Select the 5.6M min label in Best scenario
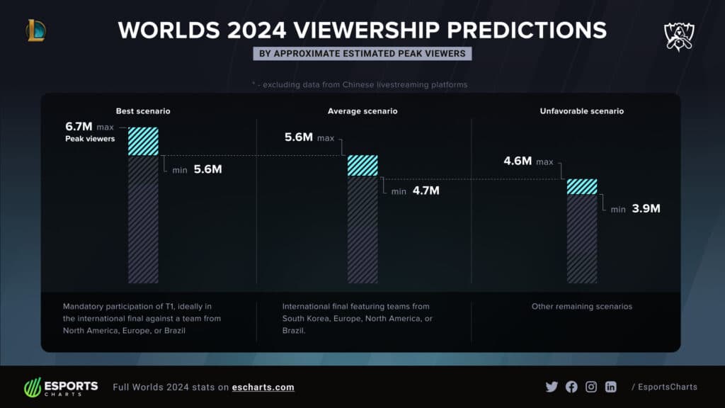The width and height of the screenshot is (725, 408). [207, 170]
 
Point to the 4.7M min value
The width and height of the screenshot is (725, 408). [426, 191]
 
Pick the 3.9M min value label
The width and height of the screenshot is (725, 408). [645, 209]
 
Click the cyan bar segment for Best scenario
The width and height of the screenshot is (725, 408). [143, 141]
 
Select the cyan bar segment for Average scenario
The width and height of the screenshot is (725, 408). [362, 165]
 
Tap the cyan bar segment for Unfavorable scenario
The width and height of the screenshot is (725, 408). [582, 186]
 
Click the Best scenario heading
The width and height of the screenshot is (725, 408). [143, 111]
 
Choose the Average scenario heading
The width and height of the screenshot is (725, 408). [362, 111]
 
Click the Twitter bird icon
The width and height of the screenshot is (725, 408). [552, 387]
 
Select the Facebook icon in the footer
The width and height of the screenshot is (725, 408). [571, 387]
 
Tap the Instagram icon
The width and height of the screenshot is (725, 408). [591, 387]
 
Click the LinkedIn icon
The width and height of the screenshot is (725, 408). [610, 387]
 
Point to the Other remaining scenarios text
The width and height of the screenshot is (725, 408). [581, 307]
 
